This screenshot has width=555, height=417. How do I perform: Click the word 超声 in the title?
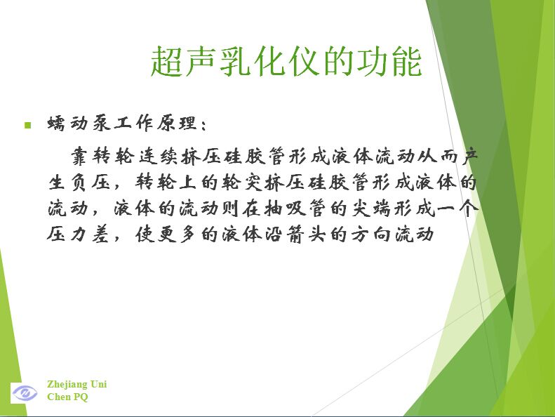182,61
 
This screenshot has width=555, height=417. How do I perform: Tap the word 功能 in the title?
389,61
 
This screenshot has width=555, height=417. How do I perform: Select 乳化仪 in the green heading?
269,61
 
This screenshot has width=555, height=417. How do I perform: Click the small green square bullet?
28,125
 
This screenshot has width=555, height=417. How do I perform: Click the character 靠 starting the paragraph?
80,156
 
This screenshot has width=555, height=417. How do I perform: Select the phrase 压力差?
78,234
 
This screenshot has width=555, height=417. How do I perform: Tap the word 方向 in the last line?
371,234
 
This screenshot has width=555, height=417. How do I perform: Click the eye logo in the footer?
25,392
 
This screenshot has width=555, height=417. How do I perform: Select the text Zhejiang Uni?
76,385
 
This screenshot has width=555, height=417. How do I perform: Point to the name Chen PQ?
67,397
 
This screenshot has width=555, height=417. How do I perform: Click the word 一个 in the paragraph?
457,208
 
